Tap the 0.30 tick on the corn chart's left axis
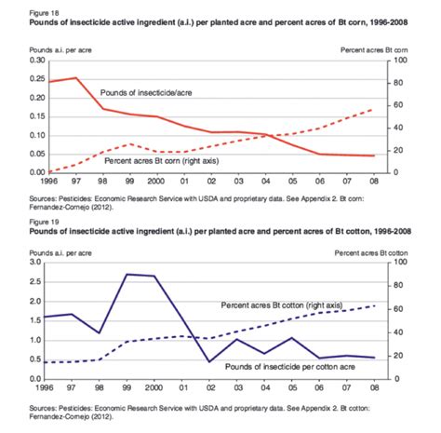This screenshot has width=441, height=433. tap(13, 60)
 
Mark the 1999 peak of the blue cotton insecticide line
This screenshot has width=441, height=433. tap(127, 274)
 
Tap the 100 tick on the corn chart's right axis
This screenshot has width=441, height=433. tap(395, 60)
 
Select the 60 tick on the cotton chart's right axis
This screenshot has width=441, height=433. tap(395, 309)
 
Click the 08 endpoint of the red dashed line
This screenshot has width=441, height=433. tap(374, 109)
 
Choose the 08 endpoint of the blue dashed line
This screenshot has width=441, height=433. tap(374, 305)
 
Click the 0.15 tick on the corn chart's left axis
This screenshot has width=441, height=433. tap(13, 116)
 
